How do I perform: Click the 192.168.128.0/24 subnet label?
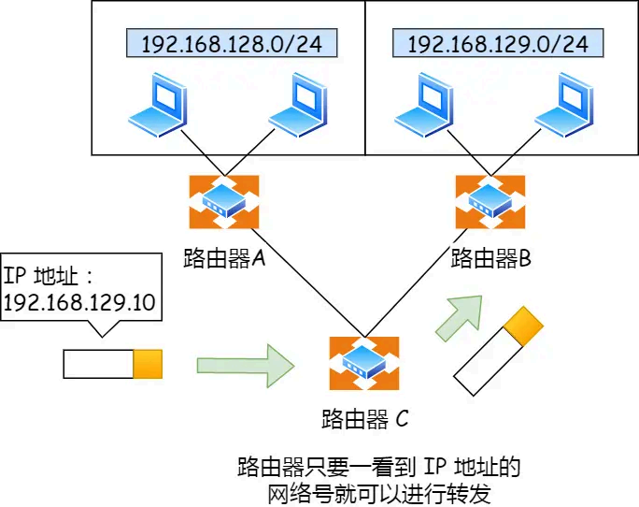coord(224,43)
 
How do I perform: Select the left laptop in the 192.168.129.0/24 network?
coord(426,105)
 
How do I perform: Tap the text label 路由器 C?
coord(364,418)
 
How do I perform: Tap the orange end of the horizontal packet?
coord(148,364)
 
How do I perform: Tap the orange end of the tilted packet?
coord(523,324)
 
